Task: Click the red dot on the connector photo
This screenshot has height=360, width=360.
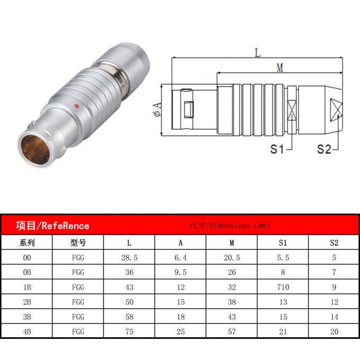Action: tap(77, 106)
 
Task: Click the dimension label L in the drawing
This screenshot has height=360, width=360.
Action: tap(257, 53)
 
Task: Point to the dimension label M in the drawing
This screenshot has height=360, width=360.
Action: tap(279, 67)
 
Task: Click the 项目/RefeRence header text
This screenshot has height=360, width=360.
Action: tap(52, 226)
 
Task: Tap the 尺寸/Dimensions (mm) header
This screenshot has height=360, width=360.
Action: tap(230, 226)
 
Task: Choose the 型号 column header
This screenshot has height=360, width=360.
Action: tap(78, 243)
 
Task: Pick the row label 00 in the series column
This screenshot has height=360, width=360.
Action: tap(27, 258)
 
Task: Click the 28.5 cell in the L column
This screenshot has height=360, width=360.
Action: tap(130, 258)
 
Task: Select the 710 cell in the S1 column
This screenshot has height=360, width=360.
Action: tap(283, 287)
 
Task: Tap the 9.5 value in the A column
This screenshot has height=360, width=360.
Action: tap(181, 273)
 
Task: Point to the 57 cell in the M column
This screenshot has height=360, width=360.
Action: tap(232, 331)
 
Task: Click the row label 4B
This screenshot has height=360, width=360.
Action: tap(27, 331)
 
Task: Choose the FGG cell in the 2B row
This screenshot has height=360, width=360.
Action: tap(78, 302)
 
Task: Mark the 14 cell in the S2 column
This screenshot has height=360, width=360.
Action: tap(334, 317)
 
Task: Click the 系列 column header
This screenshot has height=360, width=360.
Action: tap(27, 243)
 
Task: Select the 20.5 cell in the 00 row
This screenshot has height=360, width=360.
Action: tap(232, 258)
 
